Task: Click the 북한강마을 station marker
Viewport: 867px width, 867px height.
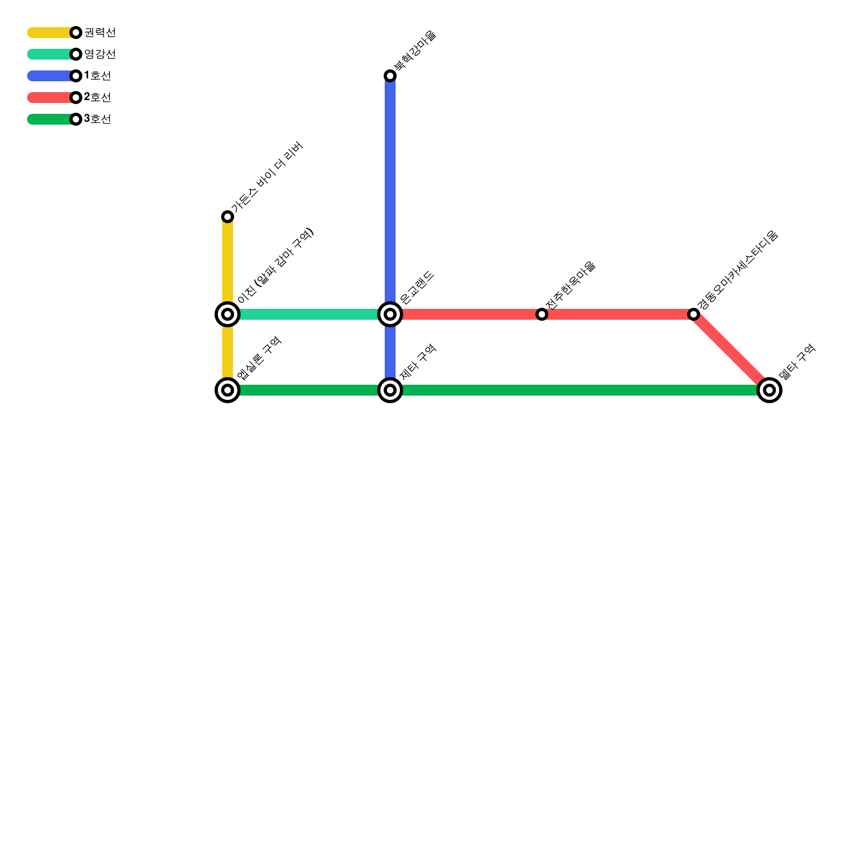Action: pos(390,76)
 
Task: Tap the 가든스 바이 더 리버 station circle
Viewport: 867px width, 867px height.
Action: pos(228,217)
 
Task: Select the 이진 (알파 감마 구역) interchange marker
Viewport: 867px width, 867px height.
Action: pos(228,314)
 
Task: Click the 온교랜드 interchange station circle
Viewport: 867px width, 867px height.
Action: pos(390,314)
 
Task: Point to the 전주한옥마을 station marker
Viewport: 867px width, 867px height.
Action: pos(542,314)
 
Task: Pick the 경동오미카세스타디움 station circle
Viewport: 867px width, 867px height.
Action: pos(694,314)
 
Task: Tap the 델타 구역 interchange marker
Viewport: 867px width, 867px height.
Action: pos(769,390)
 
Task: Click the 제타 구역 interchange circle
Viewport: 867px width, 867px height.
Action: pos(390,390)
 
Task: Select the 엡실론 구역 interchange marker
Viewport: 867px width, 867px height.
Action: pos(228,390)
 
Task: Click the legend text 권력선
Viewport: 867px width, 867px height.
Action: pos(100,33)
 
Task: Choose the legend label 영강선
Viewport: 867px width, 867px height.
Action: pos(100,54)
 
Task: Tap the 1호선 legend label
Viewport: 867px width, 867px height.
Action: pos(98,76)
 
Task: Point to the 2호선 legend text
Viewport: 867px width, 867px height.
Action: pos(98,98)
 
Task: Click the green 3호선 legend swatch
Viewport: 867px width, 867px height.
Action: pos(49,119)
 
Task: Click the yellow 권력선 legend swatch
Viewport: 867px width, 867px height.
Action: pos(49,33)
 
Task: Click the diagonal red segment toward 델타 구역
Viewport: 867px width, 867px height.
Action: pos(732,352)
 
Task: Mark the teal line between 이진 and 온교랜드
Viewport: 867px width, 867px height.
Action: pos(309,314)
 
